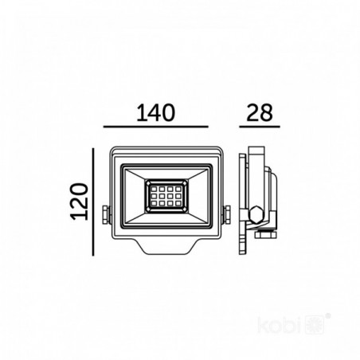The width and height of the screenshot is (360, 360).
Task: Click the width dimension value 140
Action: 156,113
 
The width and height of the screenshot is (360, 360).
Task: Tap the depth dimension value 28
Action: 260,113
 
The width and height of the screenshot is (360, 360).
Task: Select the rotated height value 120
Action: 80,202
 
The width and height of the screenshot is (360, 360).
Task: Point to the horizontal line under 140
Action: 155,127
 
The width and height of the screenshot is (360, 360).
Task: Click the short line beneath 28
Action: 260,127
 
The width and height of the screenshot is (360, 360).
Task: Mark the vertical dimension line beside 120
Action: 93,202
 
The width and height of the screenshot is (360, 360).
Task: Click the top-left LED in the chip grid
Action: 155,190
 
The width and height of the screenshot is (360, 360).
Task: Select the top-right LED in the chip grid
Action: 178,190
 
